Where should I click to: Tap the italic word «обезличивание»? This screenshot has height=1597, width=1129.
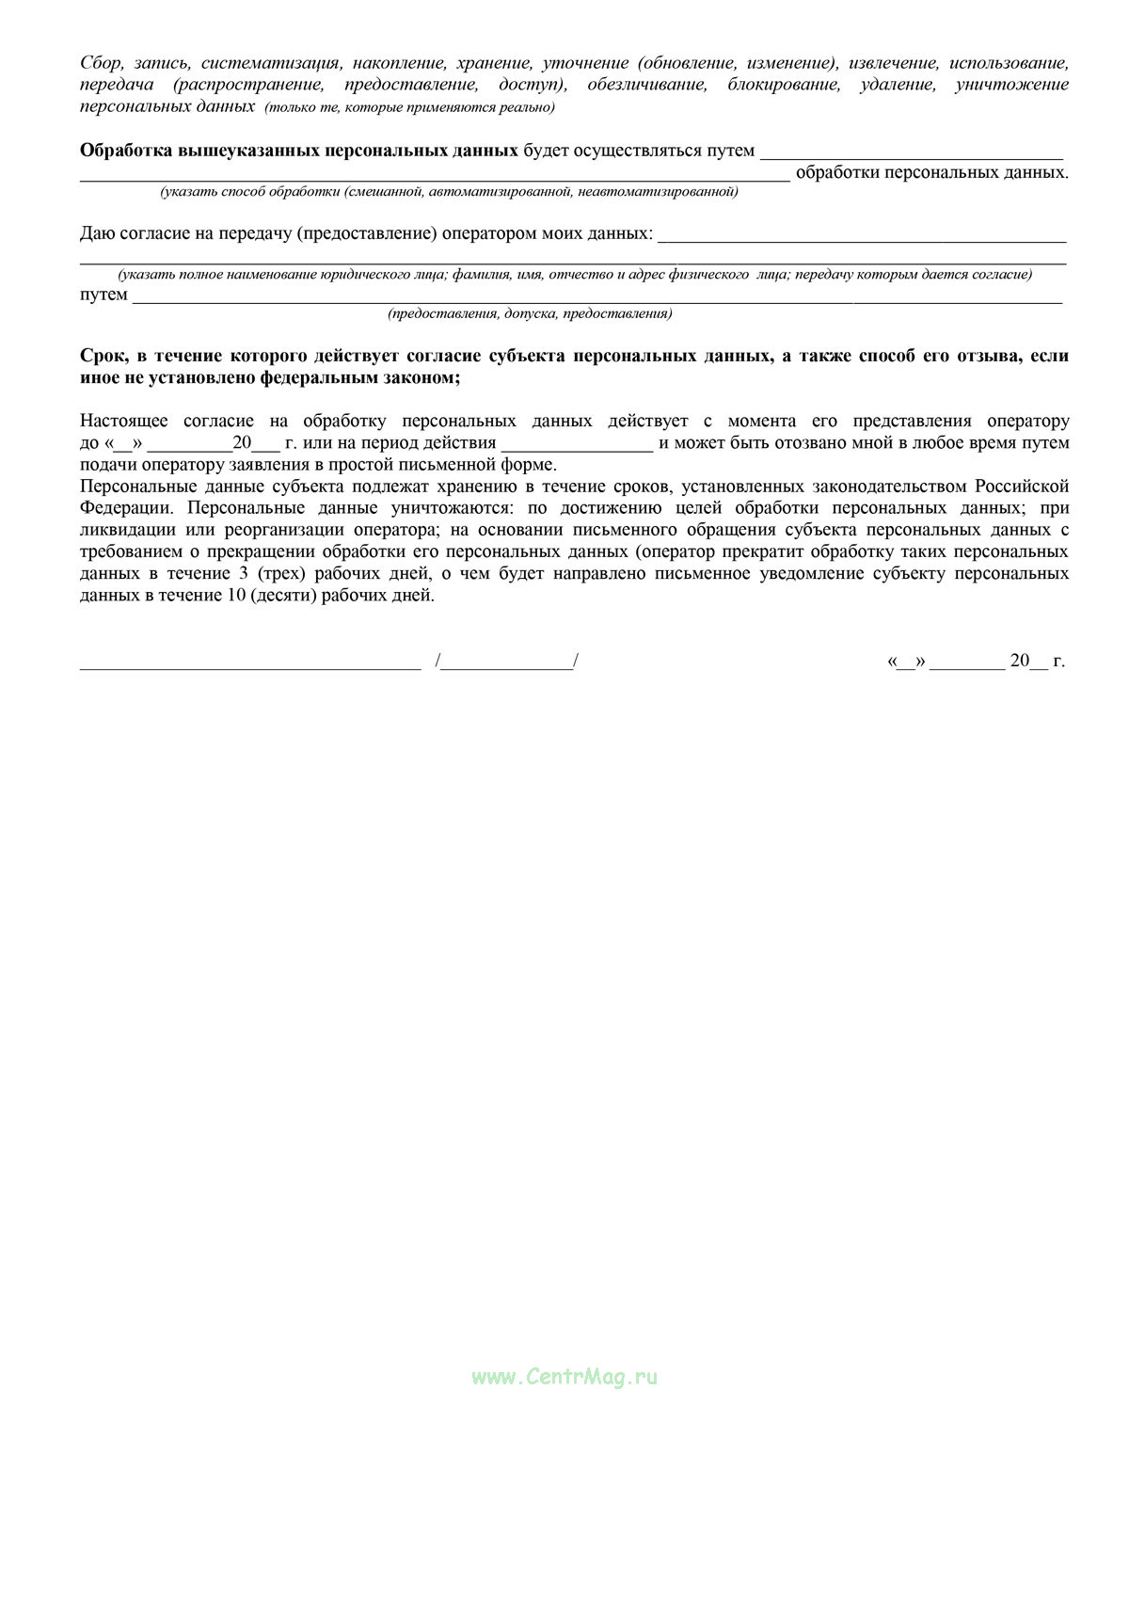click(x=646, y=85)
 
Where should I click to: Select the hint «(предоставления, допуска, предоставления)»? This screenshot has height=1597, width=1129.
click(x=530, y=314)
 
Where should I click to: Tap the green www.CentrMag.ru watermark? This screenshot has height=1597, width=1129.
click(x=564, y=1377)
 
